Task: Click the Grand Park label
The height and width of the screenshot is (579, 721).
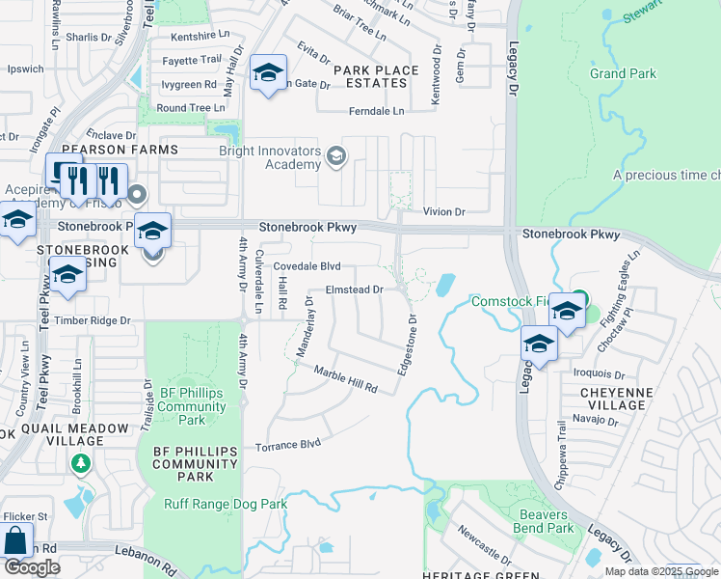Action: [x=623, y=73]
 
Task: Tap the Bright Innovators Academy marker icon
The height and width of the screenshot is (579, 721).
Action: [x=336, y=156]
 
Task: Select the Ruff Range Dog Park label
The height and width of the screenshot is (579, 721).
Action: [x=226, y=504]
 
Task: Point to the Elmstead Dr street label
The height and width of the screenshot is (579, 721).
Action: [x=355, y=289]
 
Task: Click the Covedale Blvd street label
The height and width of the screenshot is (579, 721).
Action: [x=307, y=266]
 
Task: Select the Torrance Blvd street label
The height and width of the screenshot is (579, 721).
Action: [x=287, y=446]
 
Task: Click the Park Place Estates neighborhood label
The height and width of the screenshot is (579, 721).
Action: [x=376, y=76]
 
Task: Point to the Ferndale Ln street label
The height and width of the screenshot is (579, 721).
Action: [x=377, y=112]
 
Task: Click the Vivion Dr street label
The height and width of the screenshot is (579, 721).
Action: [x=444, y=211]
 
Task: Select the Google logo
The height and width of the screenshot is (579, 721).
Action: [x=32, y=567]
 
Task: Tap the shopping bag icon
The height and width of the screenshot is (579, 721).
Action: [x=15, y=540]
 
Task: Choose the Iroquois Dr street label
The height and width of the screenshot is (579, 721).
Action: [x=600, y=372]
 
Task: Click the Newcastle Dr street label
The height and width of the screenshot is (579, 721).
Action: [x=484, y=544]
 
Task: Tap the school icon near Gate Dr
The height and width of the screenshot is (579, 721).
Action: [x=268, y=72]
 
